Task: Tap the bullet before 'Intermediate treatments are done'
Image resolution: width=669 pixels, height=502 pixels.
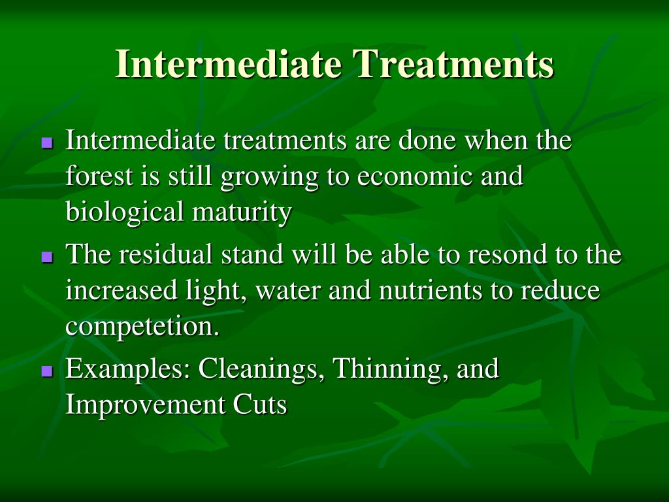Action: click(47, 142)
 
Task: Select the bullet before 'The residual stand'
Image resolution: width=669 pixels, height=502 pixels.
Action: click(47, 256)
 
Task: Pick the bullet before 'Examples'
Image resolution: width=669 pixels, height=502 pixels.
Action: click(47, 371)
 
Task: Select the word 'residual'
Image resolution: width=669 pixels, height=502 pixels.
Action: click(165, 254)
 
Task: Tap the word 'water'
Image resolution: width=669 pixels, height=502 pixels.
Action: click(287, 291)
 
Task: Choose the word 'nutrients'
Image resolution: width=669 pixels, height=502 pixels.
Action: click(431, 290)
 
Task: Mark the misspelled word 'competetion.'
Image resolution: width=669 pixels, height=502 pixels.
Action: click(142, 327)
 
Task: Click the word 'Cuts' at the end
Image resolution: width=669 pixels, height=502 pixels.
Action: click(260, 405)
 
